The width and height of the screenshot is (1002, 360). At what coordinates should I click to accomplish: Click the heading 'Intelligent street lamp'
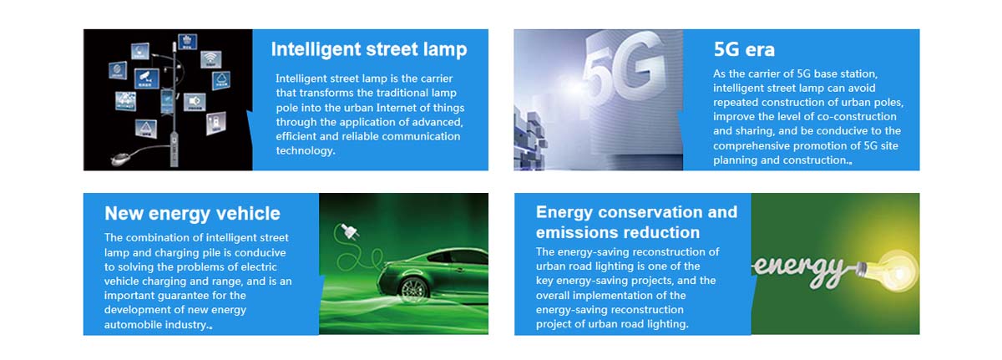(x=369, y=50)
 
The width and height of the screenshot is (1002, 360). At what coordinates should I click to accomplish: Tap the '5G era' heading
(x=744, y=49)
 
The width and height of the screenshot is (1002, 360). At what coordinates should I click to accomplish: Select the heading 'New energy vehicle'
(x=192, y=214)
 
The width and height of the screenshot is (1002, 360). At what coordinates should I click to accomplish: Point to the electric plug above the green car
(x=349, y=232)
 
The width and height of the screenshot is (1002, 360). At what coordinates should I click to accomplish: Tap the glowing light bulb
(x=890, y=270)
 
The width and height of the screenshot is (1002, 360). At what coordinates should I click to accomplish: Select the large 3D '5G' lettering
(x=624, y=67)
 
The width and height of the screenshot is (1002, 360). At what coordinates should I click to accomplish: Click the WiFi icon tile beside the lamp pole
(x=210, y=59)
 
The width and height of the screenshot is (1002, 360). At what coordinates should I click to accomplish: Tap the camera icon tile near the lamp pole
(x=147, y=79)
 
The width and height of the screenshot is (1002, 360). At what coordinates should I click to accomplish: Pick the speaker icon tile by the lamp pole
(x=195, y=103)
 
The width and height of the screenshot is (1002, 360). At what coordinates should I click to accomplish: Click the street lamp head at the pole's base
(x=122, y=157)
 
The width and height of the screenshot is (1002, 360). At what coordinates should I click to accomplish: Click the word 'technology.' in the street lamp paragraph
(x=305, y=150)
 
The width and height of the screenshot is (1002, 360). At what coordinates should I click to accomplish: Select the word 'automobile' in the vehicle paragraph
(x=133, y=325)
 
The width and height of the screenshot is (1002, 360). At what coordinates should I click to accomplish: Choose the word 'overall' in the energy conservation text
(x=553, y=296)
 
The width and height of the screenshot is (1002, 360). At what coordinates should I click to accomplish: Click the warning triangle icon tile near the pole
(x=146, y=129)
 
